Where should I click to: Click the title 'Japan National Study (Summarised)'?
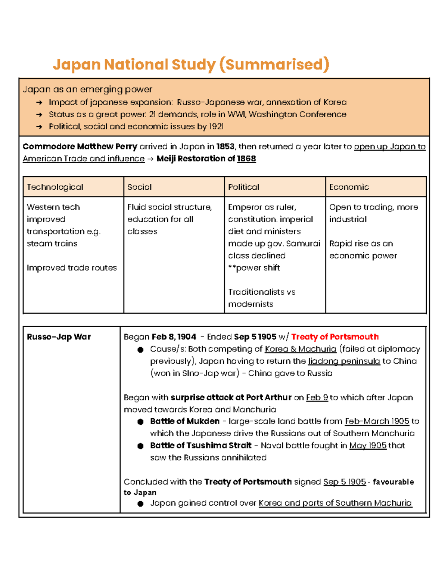point(191,65)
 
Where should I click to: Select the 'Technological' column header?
point(55,187)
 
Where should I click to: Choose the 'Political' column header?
point(243,187)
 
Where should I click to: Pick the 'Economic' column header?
point(349,187)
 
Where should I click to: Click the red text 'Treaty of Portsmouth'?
point(335,337)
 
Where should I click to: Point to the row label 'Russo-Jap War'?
point(59,337)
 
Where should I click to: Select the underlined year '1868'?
point(246,159)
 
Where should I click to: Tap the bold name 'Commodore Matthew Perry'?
point(80,146)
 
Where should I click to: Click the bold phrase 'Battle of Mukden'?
point(185,421)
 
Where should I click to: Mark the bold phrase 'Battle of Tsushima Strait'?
point(201,446)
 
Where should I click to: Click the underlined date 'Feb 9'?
point(317,397)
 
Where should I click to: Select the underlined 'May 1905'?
point(368,446)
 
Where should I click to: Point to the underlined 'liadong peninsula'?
point(344,361)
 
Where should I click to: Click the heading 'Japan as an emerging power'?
point(87,89)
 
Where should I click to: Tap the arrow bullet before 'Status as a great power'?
point(39,115)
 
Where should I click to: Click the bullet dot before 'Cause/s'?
point(140,350)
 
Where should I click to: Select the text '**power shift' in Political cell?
point(254,268)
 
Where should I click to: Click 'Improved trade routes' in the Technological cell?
point(72,268)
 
